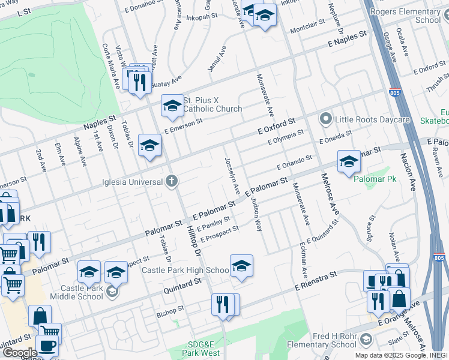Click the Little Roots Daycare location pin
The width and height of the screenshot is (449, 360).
click(x=326, y=119)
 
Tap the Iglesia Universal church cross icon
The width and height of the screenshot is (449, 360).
click(x=172, y=181)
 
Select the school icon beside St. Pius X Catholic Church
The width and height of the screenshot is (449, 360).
click(x=172, y=107)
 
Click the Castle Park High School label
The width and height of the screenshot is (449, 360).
click(x=185, y=271)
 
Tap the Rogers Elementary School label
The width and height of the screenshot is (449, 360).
click(x=414, y=15)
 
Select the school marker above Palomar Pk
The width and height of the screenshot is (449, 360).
click(x=349, y=162)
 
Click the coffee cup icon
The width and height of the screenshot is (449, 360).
click(x=47, y=346)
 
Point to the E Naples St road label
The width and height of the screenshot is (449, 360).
click(x=346, y=41)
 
